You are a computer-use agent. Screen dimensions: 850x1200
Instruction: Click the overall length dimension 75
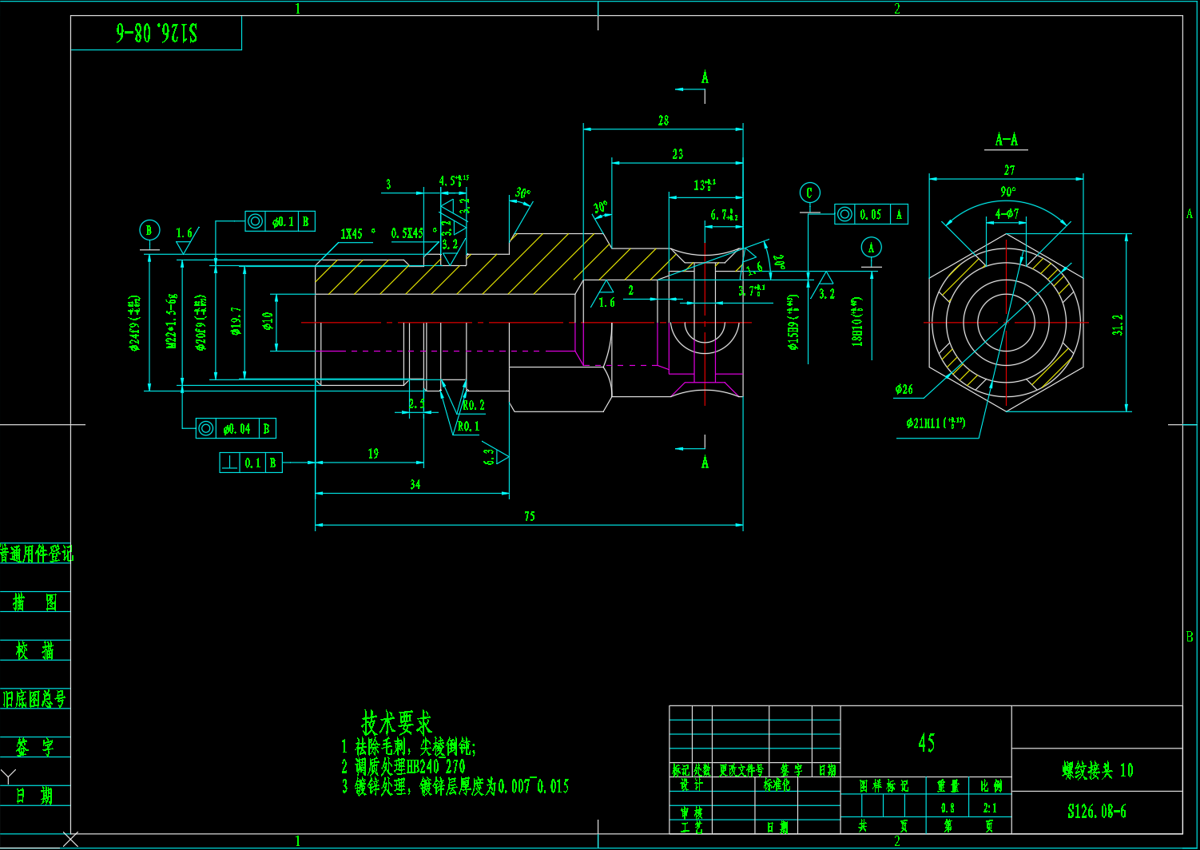(x=530, y=516)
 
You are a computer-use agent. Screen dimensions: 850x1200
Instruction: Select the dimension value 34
(x=415, y=484)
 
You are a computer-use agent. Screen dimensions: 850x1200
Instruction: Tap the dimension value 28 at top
(x=663, y=121)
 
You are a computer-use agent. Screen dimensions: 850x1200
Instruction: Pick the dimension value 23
(x=677, y=153)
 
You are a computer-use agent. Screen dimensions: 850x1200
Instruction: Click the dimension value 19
(x=373, y=453)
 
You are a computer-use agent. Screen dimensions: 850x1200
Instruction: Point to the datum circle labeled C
(x=809, y=193)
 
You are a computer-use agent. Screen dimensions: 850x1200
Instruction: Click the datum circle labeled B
(x=149, y=230)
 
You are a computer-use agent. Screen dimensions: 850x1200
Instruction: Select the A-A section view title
(x=1006, y=140)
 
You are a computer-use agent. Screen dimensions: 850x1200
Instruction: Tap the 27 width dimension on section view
(x=1009, y=170)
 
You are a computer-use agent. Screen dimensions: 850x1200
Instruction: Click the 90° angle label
(x=1008, y=192)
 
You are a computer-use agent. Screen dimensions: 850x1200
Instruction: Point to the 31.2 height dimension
(x=1118, y=324)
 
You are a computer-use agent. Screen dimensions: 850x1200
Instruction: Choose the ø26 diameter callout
(x=904, y=389)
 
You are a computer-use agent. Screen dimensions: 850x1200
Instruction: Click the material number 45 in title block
(x=926, y=743)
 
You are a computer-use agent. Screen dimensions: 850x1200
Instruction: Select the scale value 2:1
(x=990, y=808)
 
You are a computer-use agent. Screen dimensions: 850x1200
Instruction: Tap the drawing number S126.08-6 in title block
(x=1096, y=812)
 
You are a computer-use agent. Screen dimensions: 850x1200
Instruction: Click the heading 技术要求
(x=396, y=723)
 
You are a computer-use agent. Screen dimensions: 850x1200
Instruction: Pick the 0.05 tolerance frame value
(x=871, y=214)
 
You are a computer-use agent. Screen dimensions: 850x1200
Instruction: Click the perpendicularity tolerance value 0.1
(x=252, y=463)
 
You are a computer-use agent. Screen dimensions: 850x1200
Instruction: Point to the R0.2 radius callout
(x=473, y=405)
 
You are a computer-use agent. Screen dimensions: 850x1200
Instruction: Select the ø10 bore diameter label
(x=268, y=321)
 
